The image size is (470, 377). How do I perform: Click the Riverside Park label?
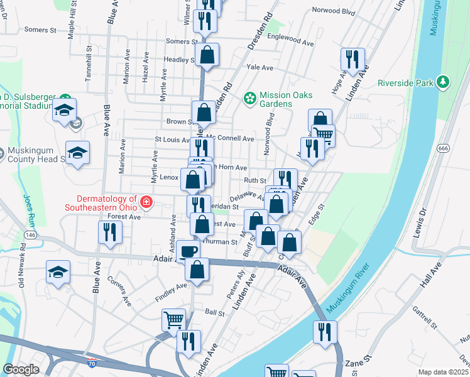[405, 82]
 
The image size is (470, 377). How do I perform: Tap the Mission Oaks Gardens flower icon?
[250, 97]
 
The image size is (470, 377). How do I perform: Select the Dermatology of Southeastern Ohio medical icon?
[146, 202]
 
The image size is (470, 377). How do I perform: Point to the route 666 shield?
[444, 148]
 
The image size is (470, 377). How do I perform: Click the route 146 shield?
[30, 234]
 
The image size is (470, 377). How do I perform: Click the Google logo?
[21, 369]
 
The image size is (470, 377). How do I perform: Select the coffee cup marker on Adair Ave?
[188, 251]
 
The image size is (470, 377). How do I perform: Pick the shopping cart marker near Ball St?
[174, 319]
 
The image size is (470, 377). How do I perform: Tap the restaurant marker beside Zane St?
[325, 331]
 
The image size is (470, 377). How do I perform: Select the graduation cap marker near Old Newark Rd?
[58, 271]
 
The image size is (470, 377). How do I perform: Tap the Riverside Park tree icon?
[444, 82]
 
